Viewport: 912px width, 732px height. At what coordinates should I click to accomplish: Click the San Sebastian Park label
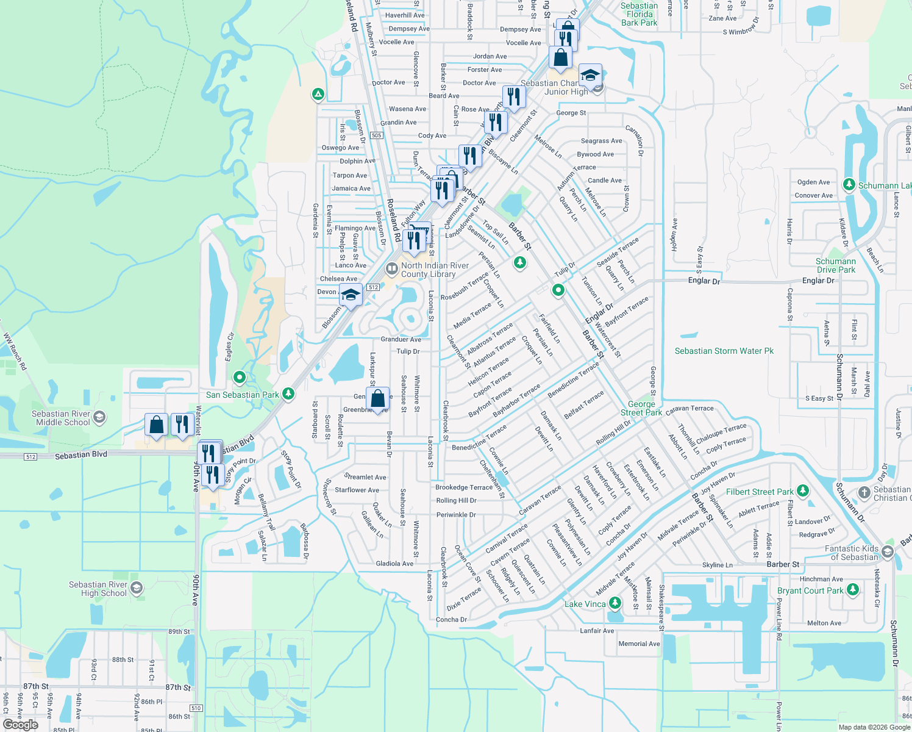(x=243, y=395)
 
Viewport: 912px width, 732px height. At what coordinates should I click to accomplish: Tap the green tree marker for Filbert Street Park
(x=803, y=491)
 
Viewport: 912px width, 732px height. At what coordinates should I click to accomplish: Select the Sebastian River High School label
(x=98, y=589)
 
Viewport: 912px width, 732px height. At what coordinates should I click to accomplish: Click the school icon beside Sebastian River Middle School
(x=100, y=418)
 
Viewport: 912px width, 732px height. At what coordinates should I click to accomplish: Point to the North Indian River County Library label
(x=435, y=270)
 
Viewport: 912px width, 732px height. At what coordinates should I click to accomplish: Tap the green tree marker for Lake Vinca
(x=615, y=603)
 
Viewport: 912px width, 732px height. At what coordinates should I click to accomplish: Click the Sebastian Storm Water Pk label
(x=724, y=351)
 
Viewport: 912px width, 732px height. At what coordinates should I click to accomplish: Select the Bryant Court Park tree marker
(x=853, y=590)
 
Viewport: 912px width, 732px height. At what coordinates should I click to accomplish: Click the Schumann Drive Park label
(x=836, y=265)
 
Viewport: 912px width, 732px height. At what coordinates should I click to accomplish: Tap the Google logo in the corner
(x=21, y=724)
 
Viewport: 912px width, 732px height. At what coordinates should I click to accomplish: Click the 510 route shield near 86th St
(x=195, y=708)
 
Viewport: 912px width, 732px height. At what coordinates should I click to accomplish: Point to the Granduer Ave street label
(x=401, y=339)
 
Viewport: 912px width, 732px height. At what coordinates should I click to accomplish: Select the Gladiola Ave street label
(x=394, y=564)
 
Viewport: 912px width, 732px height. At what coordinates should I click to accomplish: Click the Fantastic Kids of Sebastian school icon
(x=887, y=552)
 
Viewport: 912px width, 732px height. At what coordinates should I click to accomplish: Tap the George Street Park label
(x=641, y=408)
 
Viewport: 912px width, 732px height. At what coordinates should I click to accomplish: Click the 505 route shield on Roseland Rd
(x=376, y=135)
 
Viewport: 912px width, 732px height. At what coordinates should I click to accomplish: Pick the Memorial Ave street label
(x=639, y=644)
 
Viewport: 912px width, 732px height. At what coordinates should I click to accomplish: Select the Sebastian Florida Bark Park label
(x=639, y=14)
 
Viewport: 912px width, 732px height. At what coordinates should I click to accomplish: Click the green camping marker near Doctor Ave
(x=318, y=95)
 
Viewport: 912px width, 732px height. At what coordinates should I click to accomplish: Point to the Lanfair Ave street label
(x=597, y=631)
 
